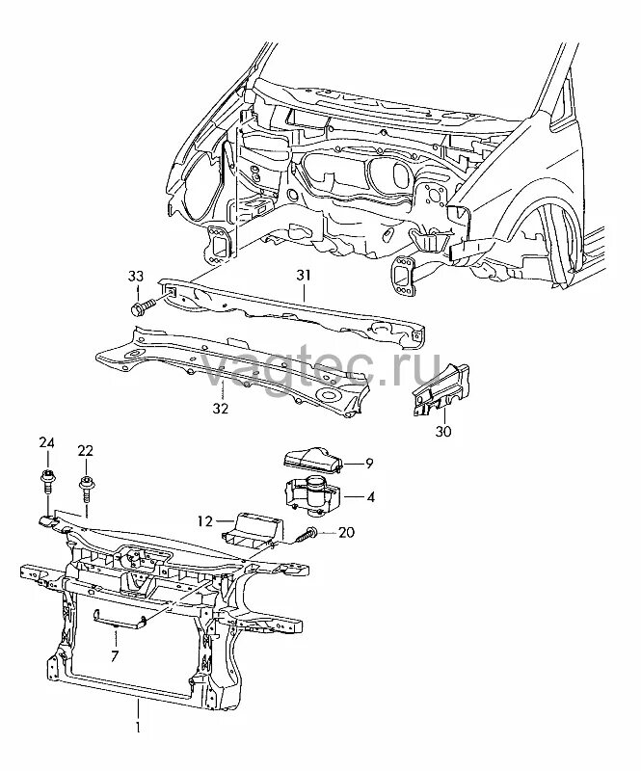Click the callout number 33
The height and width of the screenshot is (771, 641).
click(x=135, y=278)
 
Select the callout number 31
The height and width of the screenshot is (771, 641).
click(x=305, y=276)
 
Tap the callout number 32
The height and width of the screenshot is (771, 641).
click(x=220, y=409)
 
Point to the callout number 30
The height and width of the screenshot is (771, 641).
click(x=442, y=432)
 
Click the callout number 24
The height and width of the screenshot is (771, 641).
click(x=46, y=442)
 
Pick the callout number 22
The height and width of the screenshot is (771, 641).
click(x=86, y=450)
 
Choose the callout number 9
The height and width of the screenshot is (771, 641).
click(x=368, y=464)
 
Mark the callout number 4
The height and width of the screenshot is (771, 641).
click(x=371, y=497)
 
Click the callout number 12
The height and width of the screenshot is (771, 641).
click(x=204, y=522)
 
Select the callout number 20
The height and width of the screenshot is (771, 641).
click(x=347, y=532)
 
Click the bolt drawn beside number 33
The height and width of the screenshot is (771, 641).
click(x=140, y=307)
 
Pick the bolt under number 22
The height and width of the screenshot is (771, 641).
click(x=87, y=486)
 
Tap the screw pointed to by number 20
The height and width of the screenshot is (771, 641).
click(x=308, y=534)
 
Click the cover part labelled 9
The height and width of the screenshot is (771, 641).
click(x=310, y=461)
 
